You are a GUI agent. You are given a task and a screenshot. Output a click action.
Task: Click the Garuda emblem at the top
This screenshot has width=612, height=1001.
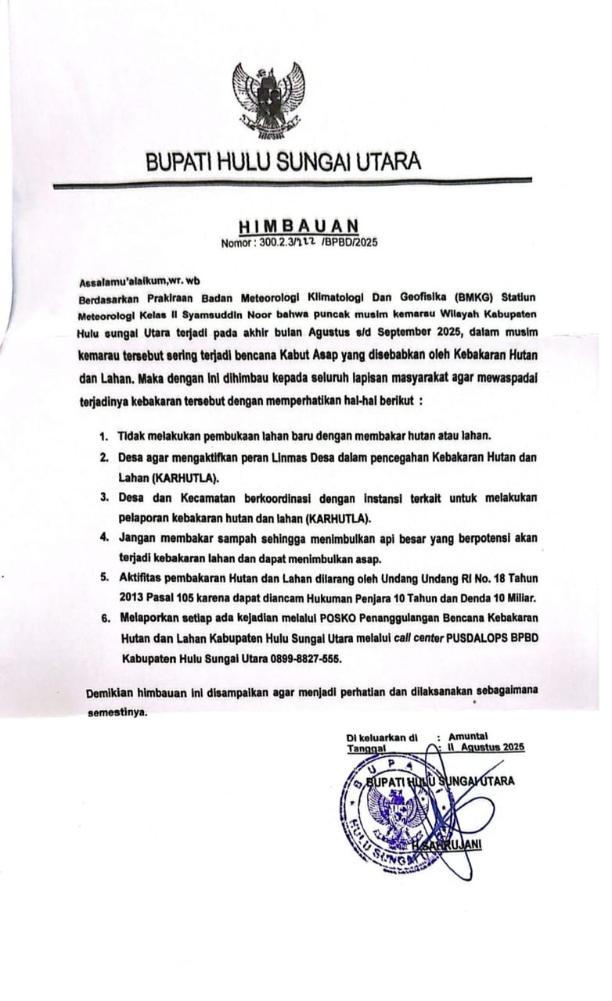[268, 96]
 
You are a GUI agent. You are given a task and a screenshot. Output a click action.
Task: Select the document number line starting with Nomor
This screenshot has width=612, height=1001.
[299, 242]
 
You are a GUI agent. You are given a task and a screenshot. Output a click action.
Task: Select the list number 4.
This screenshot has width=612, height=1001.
[103, 539]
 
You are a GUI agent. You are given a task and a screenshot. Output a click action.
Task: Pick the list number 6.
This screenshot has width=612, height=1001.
[103, 617]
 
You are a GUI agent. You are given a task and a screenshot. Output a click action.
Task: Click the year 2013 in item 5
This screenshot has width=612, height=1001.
[133, 598]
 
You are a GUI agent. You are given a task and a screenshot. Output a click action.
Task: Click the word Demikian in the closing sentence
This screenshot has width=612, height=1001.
[110, 694]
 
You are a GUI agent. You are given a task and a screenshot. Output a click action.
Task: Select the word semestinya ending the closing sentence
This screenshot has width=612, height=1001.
[117, 713]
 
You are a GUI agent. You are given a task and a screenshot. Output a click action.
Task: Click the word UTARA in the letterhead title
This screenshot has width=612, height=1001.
[388, 163]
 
